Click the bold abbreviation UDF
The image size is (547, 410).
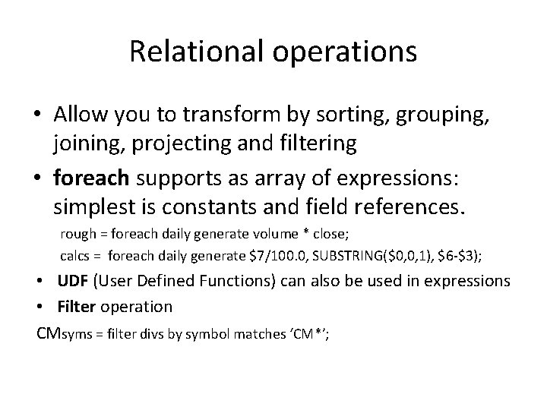click(73, 281)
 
